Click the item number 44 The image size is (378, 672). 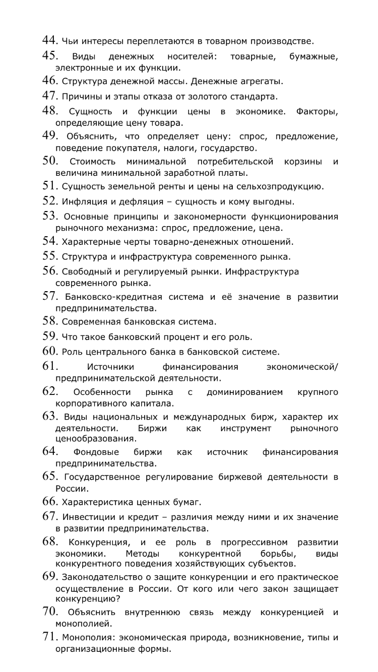pyautogui.click(x=49, y=40)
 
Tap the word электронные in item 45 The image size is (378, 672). pyautogui.click(x=80, y=67)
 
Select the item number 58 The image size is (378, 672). pyautogui.click(x=49, y=321)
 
